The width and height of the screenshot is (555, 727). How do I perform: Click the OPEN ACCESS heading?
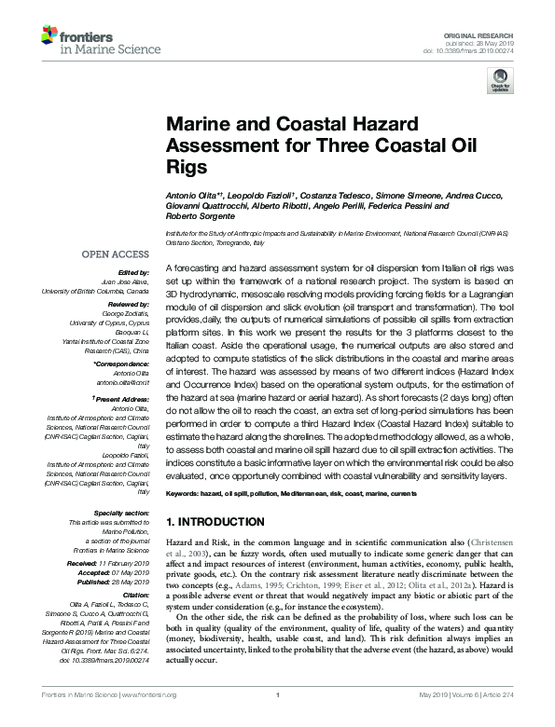point(115,254)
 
